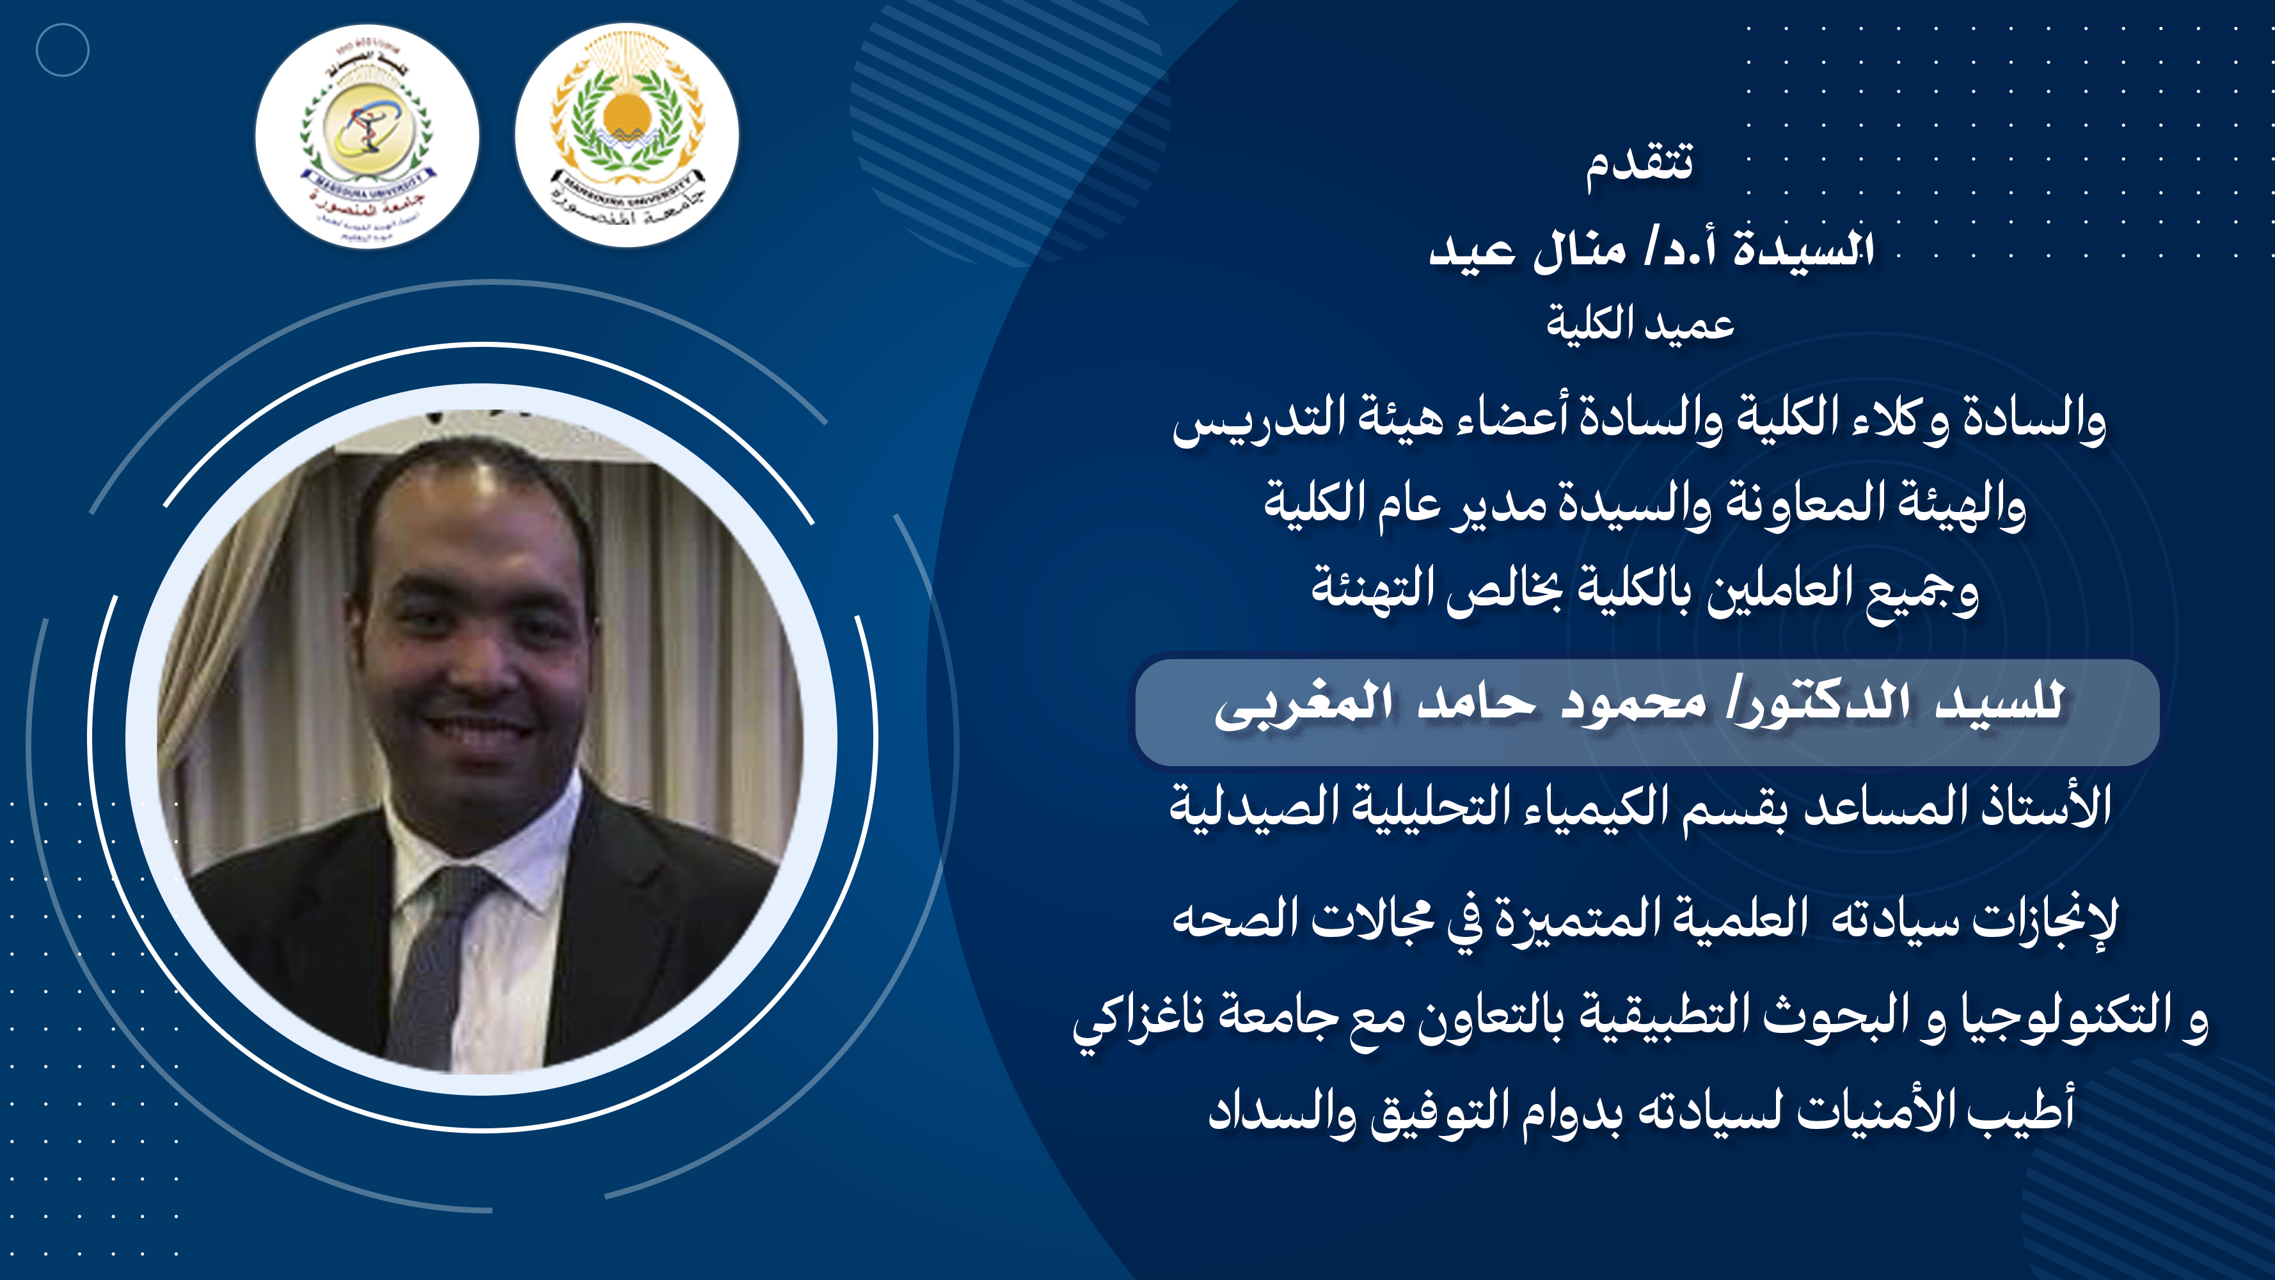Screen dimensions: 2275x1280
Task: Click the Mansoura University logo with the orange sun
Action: (627, 135)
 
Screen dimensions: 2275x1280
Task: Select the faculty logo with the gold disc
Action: (367, 137)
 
